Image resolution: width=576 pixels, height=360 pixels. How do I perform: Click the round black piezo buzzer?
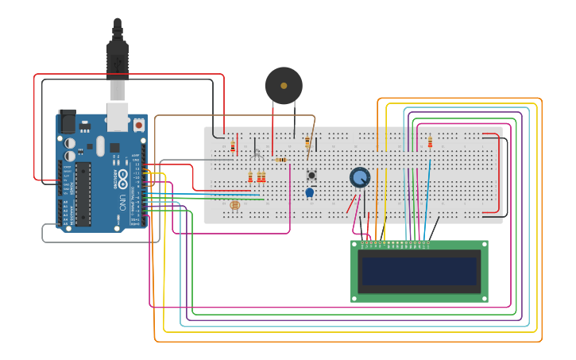click(284, 85)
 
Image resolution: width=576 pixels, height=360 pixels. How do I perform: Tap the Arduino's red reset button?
click(139, 125)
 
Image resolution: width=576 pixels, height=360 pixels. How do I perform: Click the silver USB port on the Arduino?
click(118, 116)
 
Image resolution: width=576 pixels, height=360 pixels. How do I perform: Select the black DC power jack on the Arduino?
click(68, 121)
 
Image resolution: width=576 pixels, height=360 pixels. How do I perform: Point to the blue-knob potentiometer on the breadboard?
click(360, 177)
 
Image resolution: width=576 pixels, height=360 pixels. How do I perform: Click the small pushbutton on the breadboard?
click(311, 175)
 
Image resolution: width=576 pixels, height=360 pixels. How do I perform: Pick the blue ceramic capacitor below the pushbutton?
click(309, 192)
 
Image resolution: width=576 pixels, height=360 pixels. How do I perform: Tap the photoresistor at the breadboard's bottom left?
click(234, 205)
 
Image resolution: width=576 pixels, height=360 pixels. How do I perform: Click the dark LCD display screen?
click(419, 271)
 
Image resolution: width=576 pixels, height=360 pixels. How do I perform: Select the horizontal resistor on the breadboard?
click(280, 160)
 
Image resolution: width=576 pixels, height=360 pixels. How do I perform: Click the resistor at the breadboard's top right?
click(430, 142)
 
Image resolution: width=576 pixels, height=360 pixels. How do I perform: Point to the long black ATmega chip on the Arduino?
click(83, 194)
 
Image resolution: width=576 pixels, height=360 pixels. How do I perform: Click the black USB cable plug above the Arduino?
click(118, 56)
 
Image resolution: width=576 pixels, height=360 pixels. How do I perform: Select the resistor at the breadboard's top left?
click(233, 146)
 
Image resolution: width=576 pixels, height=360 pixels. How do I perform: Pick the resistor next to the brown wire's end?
click(307, 141)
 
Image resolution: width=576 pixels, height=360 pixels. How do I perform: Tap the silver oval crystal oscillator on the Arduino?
click(100, 145)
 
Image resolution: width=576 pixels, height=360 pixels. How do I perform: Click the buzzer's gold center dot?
click(284, 85)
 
